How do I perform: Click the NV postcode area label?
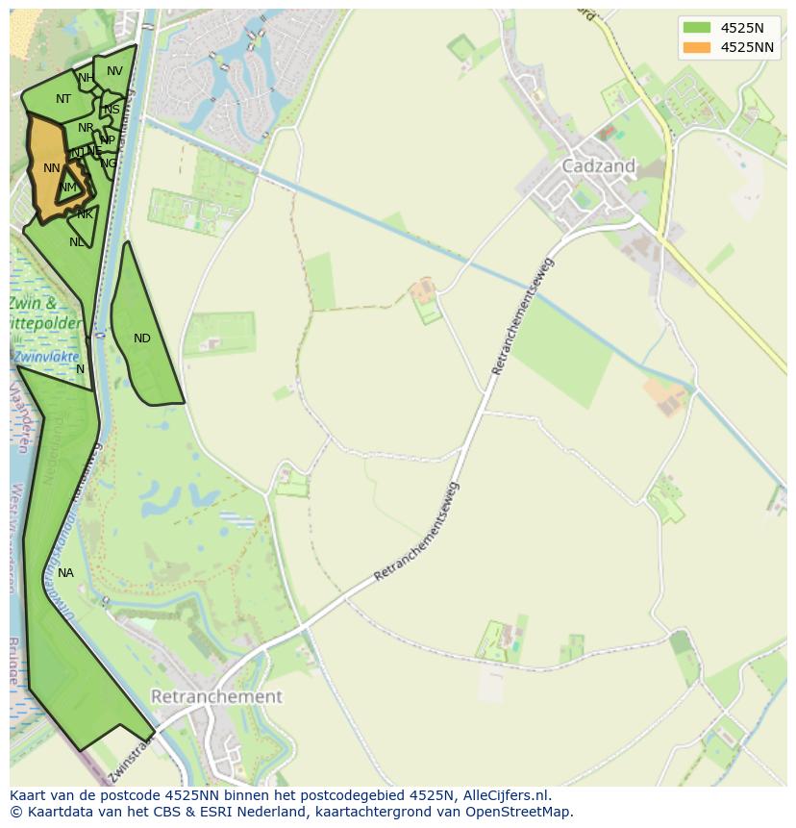(x=114, y=71)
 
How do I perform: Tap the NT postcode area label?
(x=63, y=99)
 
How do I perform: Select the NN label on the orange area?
(x=52, y=168)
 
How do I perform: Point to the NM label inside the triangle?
(x=67, y=188)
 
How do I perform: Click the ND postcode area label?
(x=142, y=339)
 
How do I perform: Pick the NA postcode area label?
(x=65, y=573)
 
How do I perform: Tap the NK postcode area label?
(x=86, y=214)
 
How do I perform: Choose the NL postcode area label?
(x=77, y=242)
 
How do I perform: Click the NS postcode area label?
(x=112, y=110)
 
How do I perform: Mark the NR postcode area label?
(x=87, y=128)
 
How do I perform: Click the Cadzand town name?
(x=598, y=165)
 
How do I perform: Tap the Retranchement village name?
(x=217, y=696)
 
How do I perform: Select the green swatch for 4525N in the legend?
(x=697, y=28)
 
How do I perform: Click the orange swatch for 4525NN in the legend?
(x=697, y=47)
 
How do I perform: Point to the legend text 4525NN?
(x=747, y=47)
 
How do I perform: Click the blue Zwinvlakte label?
(x=46, y=356)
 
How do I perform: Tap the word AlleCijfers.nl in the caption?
(x=506, y=795)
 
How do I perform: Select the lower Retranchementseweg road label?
(x=417, y=532)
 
